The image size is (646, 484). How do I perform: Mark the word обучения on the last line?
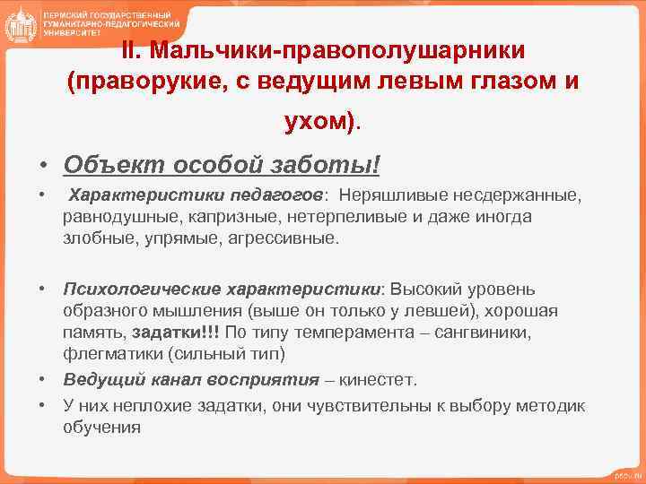coord(102,427)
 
